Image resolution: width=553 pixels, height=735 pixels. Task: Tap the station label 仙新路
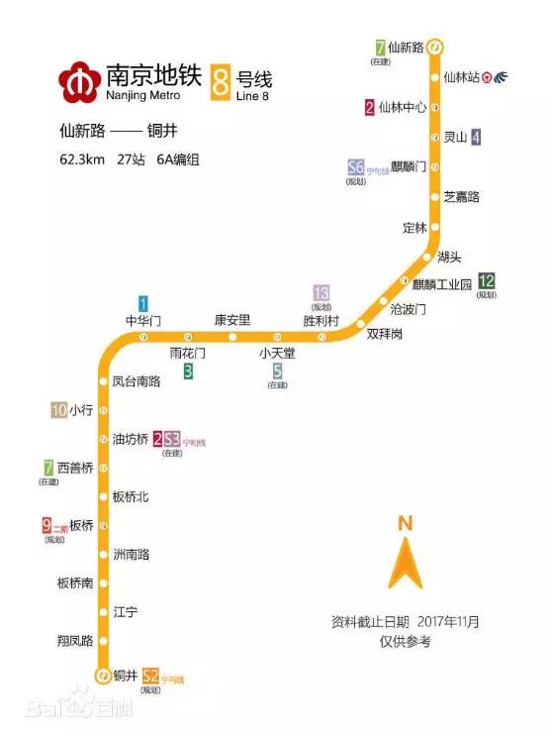click(406, 47)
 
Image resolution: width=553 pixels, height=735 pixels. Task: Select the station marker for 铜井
click(102, 677)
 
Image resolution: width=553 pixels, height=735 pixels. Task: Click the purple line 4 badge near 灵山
click(476, 138)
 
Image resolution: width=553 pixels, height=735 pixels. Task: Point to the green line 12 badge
click(486, 281)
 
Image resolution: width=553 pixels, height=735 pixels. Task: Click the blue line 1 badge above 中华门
click(143, 304)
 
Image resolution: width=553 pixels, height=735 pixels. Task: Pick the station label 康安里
click(232, 320)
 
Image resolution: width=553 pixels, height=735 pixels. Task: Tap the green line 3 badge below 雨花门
click(187, 371)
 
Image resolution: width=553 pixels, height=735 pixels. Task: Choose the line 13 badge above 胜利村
click(321, 293)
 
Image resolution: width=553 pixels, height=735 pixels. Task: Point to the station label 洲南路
click(131, 555)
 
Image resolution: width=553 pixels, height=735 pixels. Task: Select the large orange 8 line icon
click(220, 80)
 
